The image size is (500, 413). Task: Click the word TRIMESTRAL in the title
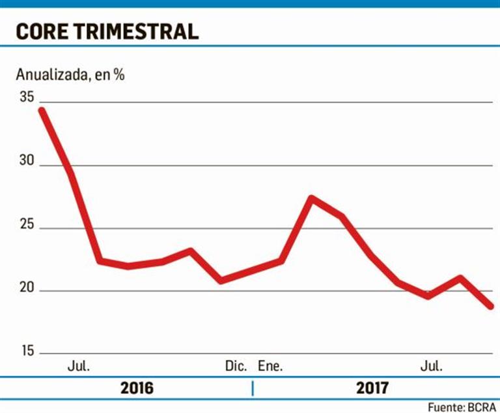pos(137,31)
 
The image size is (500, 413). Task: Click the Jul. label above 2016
pos(79,366)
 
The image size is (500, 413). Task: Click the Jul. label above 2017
pos(430,366)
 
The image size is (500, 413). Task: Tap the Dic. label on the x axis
pos(236,366)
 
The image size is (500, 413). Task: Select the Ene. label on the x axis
pos(270,366)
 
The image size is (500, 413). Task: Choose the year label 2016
pos(137,389)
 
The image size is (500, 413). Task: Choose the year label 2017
pos(372,389)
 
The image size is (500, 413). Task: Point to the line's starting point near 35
pos(41,110)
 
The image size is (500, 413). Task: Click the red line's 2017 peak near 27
pos(312,198)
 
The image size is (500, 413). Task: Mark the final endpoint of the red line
pos(490,305)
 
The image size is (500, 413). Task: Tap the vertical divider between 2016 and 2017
pos(252,389)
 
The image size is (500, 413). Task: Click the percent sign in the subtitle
pos(118,74)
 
